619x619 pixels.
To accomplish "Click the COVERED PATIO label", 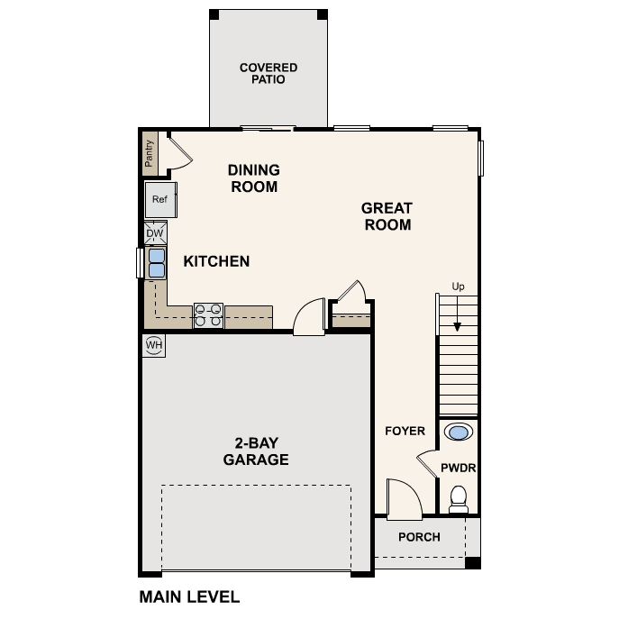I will (268, 73).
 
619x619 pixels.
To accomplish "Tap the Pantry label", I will (150, 151).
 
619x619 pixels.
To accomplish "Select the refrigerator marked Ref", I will (160, 199).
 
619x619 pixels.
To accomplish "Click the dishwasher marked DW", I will (155, 233).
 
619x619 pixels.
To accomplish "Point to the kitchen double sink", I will (156, 262).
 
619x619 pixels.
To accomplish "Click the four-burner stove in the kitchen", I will (208, 315).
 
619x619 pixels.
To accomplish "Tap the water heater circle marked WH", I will (154, 345).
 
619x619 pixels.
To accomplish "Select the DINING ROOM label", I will (253, 178).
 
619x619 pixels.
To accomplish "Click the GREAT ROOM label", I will (387, 216).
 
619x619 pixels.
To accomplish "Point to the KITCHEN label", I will (216, 261).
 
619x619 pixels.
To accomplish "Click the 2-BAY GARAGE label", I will (256, 451).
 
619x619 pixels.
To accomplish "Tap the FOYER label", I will (405, 431).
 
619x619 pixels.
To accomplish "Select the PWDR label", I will (458, 468).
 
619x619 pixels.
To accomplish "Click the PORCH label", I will (419, 537).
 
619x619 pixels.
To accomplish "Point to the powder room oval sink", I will (459, 432).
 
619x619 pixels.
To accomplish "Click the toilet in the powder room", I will (459, 498).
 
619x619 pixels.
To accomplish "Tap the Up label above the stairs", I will (458, 287).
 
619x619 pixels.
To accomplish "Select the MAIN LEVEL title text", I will (189, 596).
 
